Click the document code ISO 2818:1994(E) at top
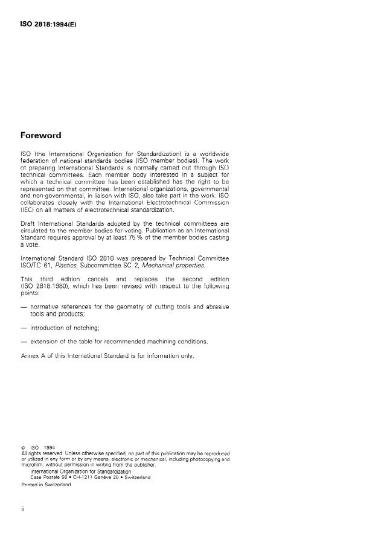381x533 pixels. tap(48, 25)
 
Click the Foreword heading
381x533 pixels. tap(41, 136)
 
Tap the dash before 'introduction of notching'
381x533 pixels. tap(24, 328)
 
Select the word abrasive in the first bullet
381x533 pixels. tap(215, 307)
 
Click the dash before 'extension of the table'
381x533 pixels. tap(24, 342)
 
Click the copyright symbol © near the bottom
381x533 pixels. tap(24, 447)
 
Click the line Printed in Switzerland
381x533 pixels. tap(46, 484)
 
